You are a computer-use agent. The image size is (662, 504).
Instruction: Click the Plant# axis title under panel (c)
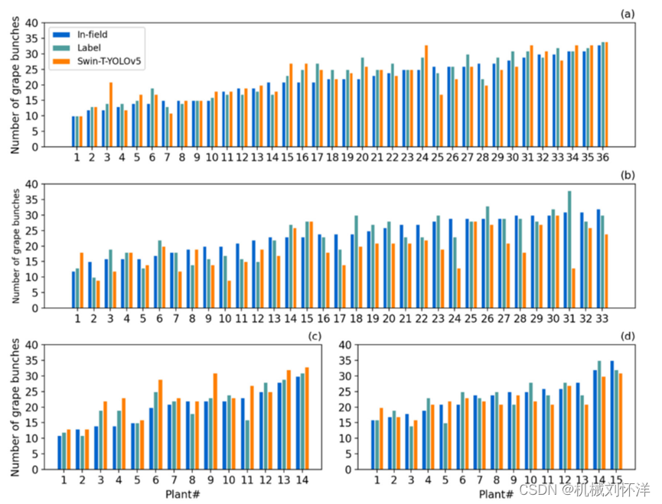coord(182,494)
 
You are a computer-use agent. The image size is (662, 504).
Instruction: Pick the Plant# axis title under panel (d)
coord(497,494)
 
